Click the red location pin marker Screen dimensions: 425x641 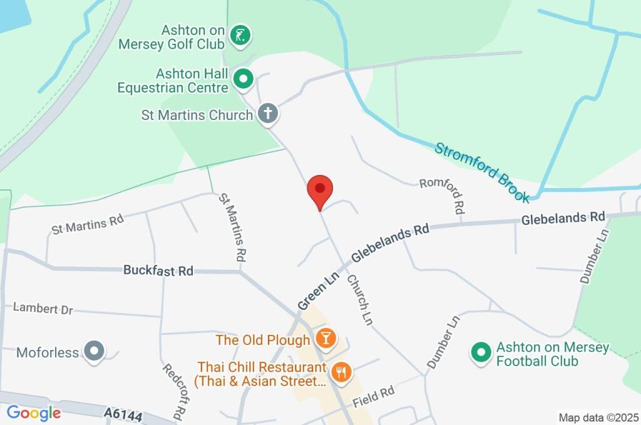pos(320,189)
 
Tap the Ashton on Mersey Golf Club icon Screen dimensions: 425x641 pos(240,36)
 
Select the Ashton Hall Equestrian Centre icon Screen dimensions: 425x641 pos(243,79)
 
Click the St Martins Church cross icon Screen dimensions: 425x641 pos(268,114)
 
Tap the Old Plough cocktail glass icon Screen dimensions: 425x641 pos(326,339)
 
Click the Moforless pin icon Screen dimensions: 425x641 pos(95,352)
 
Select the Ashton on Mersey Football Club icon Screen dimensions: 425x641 pos(480,352)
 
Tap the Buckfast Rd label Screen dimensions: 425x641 pos(158,271)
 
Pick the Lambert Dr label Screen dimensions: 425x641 pos(43,308)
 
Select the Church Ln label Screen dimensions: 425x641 pos(359,299)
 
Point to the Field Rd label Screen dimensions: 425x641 pos(373,397)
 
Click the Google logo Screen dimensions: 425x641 pos(34,413)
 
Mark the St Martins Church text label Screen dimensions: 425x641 pos(197,115)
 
